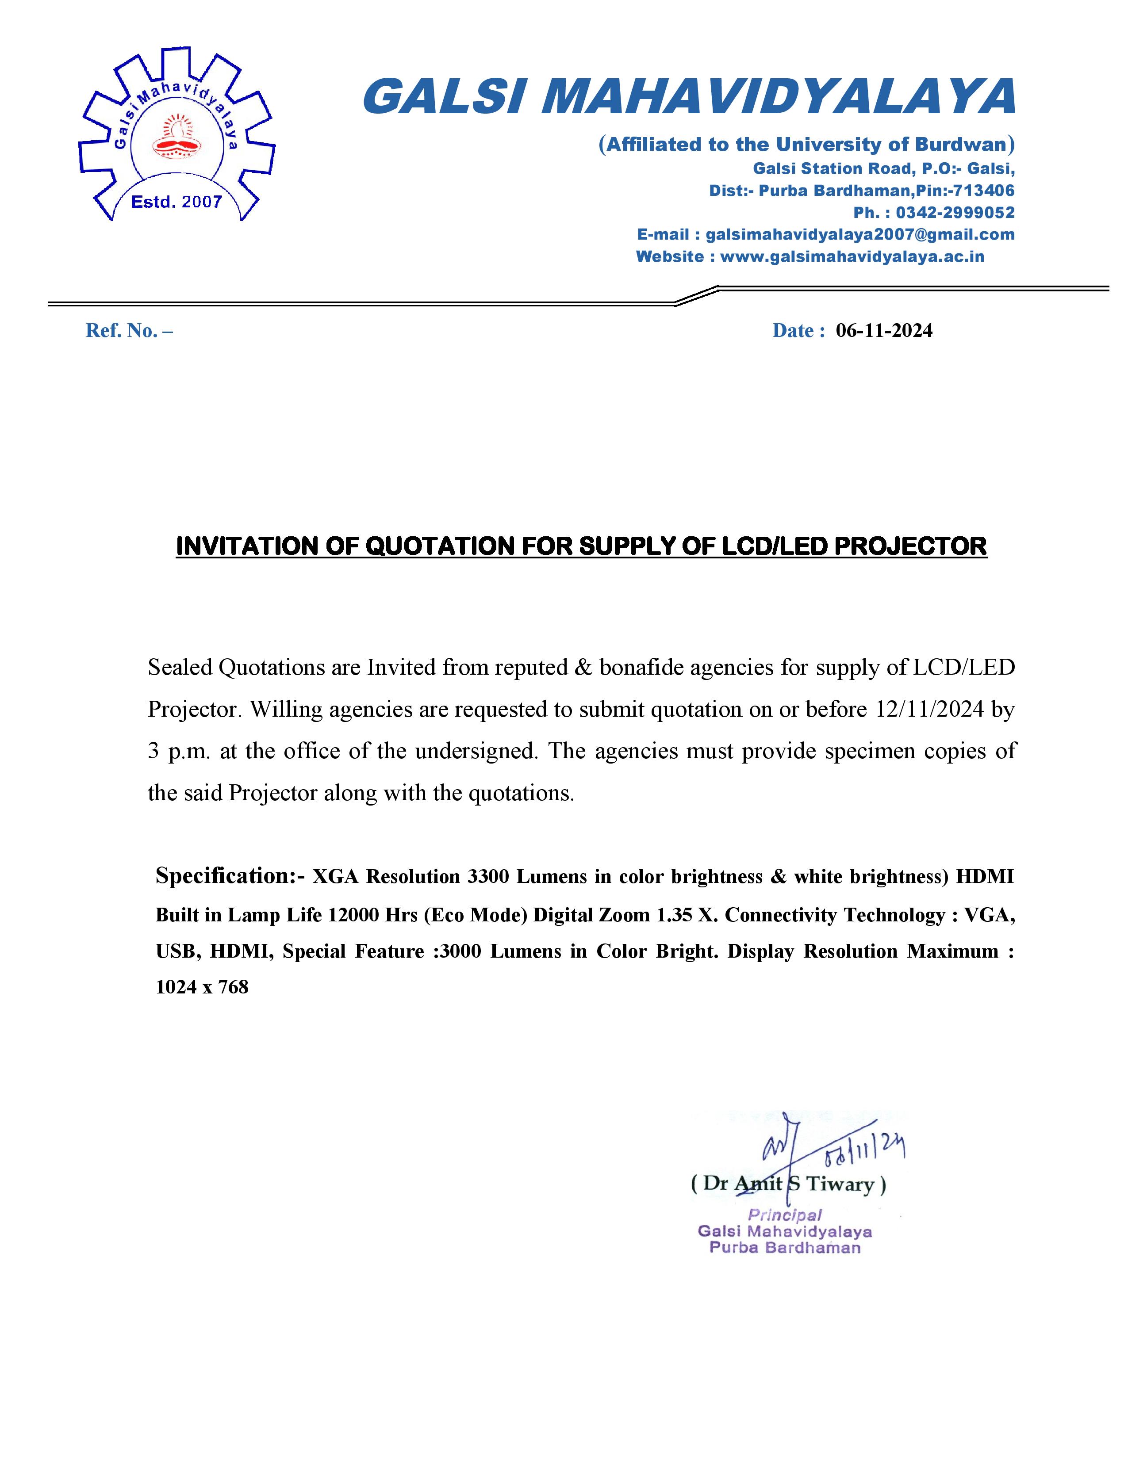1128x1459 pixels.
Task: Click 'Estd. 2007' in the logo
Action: [x=176, y=202]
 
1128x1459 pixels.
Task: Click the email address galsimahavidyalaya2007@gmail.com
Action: [x=860, y=234]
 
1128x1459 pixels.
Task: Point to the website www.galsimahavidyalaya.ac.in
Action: [x=852, y=256]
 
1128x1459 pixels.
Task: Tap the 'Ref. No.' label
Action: [x=129, y=331]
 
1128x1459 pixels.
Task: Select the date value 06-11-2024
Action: [x=884, y=331]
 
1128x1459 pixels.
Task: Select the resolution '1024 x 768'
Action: [x=202, y=987]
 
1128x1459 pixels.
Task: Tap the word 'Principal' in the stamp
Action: [x=785, y=1215]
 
